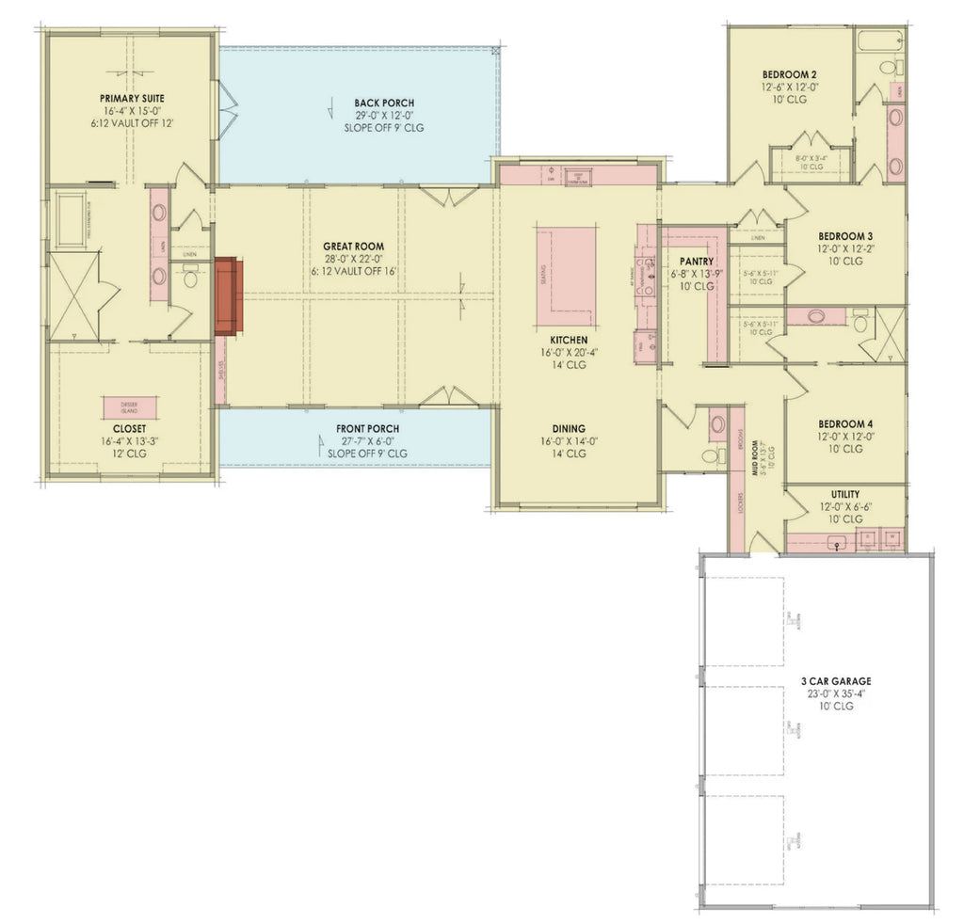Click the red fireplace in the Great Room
229,296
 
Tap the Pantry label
698,262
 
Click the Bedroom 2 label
789,74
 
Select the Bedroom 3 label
844,236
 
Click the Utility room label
844,494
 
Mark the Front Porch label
367,428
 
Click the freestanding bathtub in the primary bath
71,221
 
